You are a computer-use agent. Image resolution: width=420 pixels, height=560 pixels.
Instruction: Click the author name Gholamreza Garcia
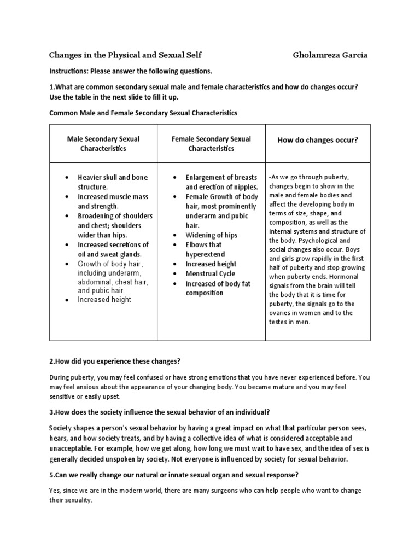330,55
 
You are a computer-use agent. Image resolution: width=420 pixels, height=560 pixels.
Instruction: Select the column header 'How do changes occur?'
318,140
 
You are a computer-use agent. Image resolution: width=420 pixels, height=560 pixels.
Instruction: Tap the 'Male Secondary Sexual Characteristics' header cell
103,144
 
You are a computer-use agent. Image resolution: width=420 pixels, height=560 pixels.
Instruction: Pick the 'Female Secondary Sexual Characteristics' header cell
211,144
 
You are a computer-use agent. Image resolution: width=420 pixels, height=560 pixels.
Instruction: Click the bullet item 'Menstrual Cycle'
211,273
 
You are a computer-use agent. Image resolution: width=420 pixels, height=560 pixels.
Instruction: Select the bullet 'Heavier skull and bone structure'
113,182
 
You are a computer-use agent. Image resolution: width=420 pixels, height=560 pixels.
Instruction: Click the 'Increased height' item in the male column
104,300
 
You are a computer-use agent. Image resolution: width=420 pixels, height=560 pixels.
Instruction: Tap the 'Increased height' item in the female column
211,264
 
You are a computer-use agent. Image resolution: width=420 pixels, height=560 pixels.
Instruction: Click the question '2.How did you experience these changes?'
115,361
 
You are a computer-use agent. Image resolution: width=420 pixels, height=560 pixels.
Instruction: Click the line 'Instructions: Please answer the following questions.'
130,71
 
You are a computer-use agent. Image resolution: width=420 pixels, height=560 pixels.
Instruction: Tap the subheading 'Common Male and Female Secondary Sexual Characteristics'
143,113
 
